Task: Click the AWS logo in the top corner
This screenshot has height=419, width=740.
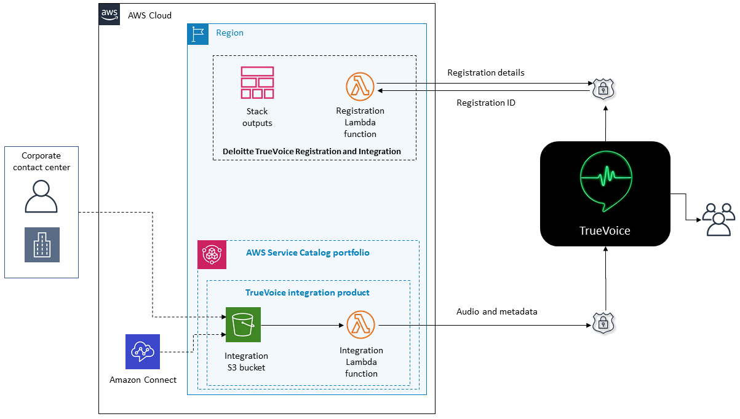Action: pyautogui.click(x=109, y=14)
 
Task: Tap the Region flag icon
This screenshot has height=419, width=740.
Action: pyautogui.click(x=197, y=34)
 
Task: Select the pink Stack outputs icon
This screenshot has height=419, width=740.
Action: pyautogui.click(x=257, y=82)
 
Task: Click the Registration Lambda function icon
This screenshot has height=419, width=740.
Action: pyautogui.click(x=360, y=87)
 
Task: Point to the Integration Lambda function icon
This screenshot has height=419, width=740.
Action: pyautogui.click(x=360, y=324)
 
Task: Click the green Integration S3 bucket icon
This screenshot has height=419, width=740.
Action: pyautogui.click(x=243, y=324)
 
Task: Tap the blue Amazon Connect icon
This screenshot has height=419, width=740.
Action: pyautogui.click(x=142, y=351)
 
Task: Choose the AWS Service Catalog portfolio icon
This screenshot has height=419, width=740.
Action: pyautogui.click(x=212, y=254)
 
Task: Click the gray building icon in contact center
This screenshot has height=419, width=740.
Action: pyautogui.click(x=42, y=245)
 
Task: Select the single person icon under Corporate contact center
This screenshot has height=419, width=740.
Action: pyautogui.click(x=41, y=196)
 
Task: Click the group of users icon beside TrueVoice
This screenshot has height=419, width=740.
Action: pyautogui.click(x=719, y=219)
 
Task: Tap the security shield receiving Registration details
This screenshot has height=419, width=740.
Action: pyautogui.click(x=603, y=88)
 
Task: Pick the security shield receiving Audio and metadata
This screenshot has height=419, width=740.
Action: pyautogui.click(x=603, y=323)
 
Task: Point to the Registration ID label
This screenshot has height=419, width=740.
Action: pyautogui.click(x=485, y=103)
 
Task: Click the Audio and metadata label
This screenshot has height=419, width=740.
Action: pyautogui.click(x=496, y=311)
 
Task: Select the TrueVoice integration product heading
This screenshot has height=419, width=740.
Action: pyautogui.click(x=307, y=292)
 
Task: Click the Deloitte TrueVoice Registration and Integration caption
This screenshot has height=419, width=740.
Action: pyautogui.click(x=311, y=151)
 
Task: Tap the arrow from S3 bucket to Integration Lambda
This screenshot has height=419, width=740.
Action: pyautogui.click(x=302, y=325)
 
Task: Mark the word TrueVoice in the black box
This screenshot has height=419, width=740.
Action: pyautogui.click(x=605, y=230)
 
